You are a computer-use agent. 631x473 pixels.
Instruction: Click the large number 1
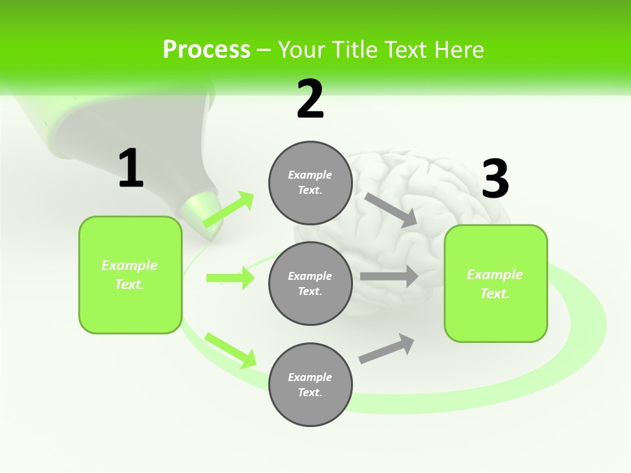point(131,169)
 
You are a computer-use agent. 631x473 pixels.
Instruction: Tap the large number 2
point(310,99)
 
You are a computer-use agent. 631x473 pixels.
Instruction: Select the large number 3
point(495,179)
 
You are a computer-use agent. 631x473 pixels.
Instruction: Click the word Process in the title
point(206,49)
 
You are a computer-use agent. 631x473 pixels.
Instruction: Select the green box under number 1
point(130,275)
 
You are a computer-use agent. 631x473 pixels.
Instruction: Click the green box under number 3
point(496,283)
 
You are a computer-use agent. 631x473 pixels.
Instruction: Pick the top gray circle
point(310,183)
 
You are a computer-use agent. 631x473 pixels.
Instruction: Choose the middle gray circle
point(310,283)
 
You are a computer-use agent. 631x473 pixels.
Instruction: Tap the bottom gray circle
point(310,384)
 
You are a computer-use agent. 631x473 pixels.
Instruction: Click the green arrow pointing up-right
point(228,210)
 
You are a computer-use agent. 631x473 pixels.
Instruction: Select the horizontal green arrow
point(230,278)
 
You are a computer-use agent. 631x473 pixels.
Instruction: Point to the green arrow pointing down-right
point(230,350)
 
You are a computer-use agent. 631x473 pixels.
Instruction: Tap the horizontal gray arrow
point(389,277)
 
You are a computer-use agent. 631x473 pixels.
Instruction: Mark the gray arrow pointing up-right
point(387,349)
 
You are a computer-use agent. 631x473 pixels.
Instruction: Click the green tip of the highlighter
point(199,208)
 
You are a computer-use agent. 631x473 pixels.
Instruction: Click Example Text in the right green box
point(495,283)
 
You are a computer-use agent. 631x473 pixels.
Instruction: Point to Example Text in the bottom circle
point(310,384)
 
